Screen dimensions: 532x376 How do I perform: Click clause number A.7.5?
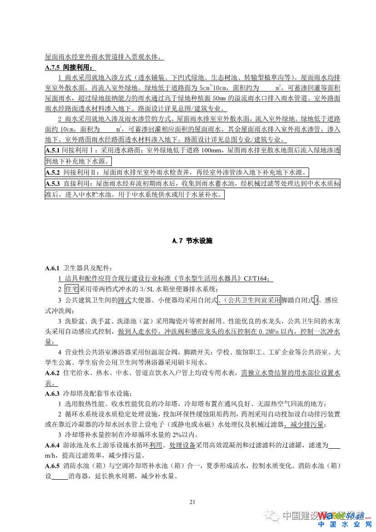tap(53, 67)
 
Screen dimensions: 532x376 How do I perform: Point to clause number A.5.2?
tap(53, 173)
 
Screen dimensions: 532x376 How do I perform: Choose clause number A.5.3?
tap(53, 184)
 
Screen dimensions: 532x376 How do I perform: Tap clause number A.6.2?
tap(53, 373)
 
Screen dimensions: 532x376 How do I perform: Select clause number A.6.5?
tap(53, 466)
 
